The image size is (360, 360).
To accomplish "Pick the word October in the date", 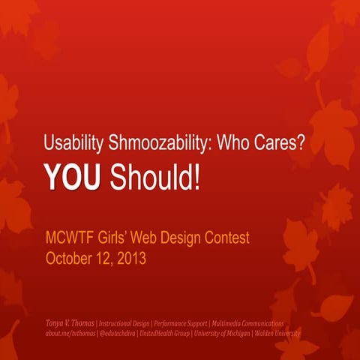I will [x=70, y=259].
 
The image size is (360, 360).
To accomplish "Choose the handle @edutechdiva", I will [x=126, y=333].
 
